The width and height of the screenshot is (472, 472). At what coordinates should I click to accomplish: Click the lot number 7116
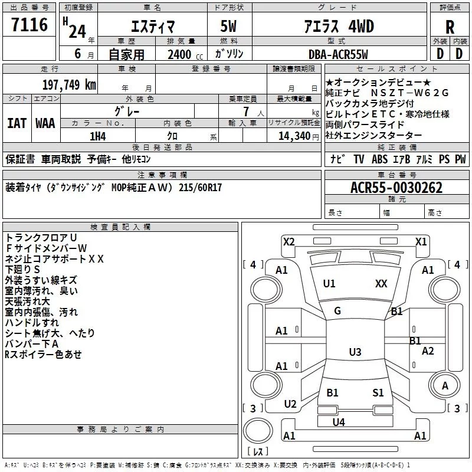(x=29, y=25)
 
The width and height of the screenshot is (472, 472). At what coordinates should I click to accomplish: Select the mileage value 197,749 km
(x=69, y=84)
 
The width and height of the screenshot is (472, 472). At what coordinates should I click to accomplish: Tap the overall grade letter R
(x=450, y=27)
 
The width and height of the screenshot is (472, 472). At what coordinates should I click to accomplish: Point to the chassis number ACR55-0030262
(x=396, y=188)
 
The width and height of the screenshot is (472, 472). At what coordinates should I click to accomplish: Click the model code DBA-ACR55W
(x=338, y=54)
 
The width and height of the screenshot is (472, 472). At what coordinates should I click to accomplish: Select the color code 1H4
(x=98, y=136)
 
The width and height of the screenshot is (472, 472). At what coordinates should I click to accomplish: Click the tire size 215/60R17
(x=200, y=188)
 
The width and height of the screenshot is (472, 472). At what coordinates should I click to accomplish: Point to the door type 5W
(x=228, y=26)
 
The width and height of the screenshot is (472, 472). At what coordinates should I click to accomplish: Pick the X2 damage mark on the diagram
(x=289, y=242)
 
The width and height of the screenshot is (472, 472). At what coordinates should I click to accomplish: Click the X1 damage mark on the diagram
(x=421, y=242)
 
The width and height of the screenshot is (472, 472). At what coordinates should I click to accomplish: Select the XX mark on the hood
(x=381, y=284)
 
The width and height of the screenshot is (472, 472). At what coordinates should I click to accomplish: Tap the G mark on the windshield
(x=337, y=311)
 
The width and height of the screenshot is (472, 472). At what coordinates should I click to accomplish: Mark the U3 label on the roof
(x=355, y=352)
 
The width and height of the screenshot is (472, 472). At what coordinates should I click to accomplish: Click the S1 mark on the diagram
(x=378, y=393)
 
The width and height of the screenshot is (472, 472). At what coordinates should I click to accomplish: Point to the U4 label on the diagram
(x=339, y=422)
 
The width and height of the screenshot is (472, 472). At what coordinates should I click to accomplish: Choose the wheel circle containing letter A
(x=444, y=385)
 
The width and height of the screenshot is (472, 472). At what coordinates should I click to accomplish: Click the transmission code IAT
(x=17, y=123)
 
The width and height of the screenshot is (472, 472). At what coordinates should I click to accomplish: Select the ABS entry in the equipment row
(x=379, y=159)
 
